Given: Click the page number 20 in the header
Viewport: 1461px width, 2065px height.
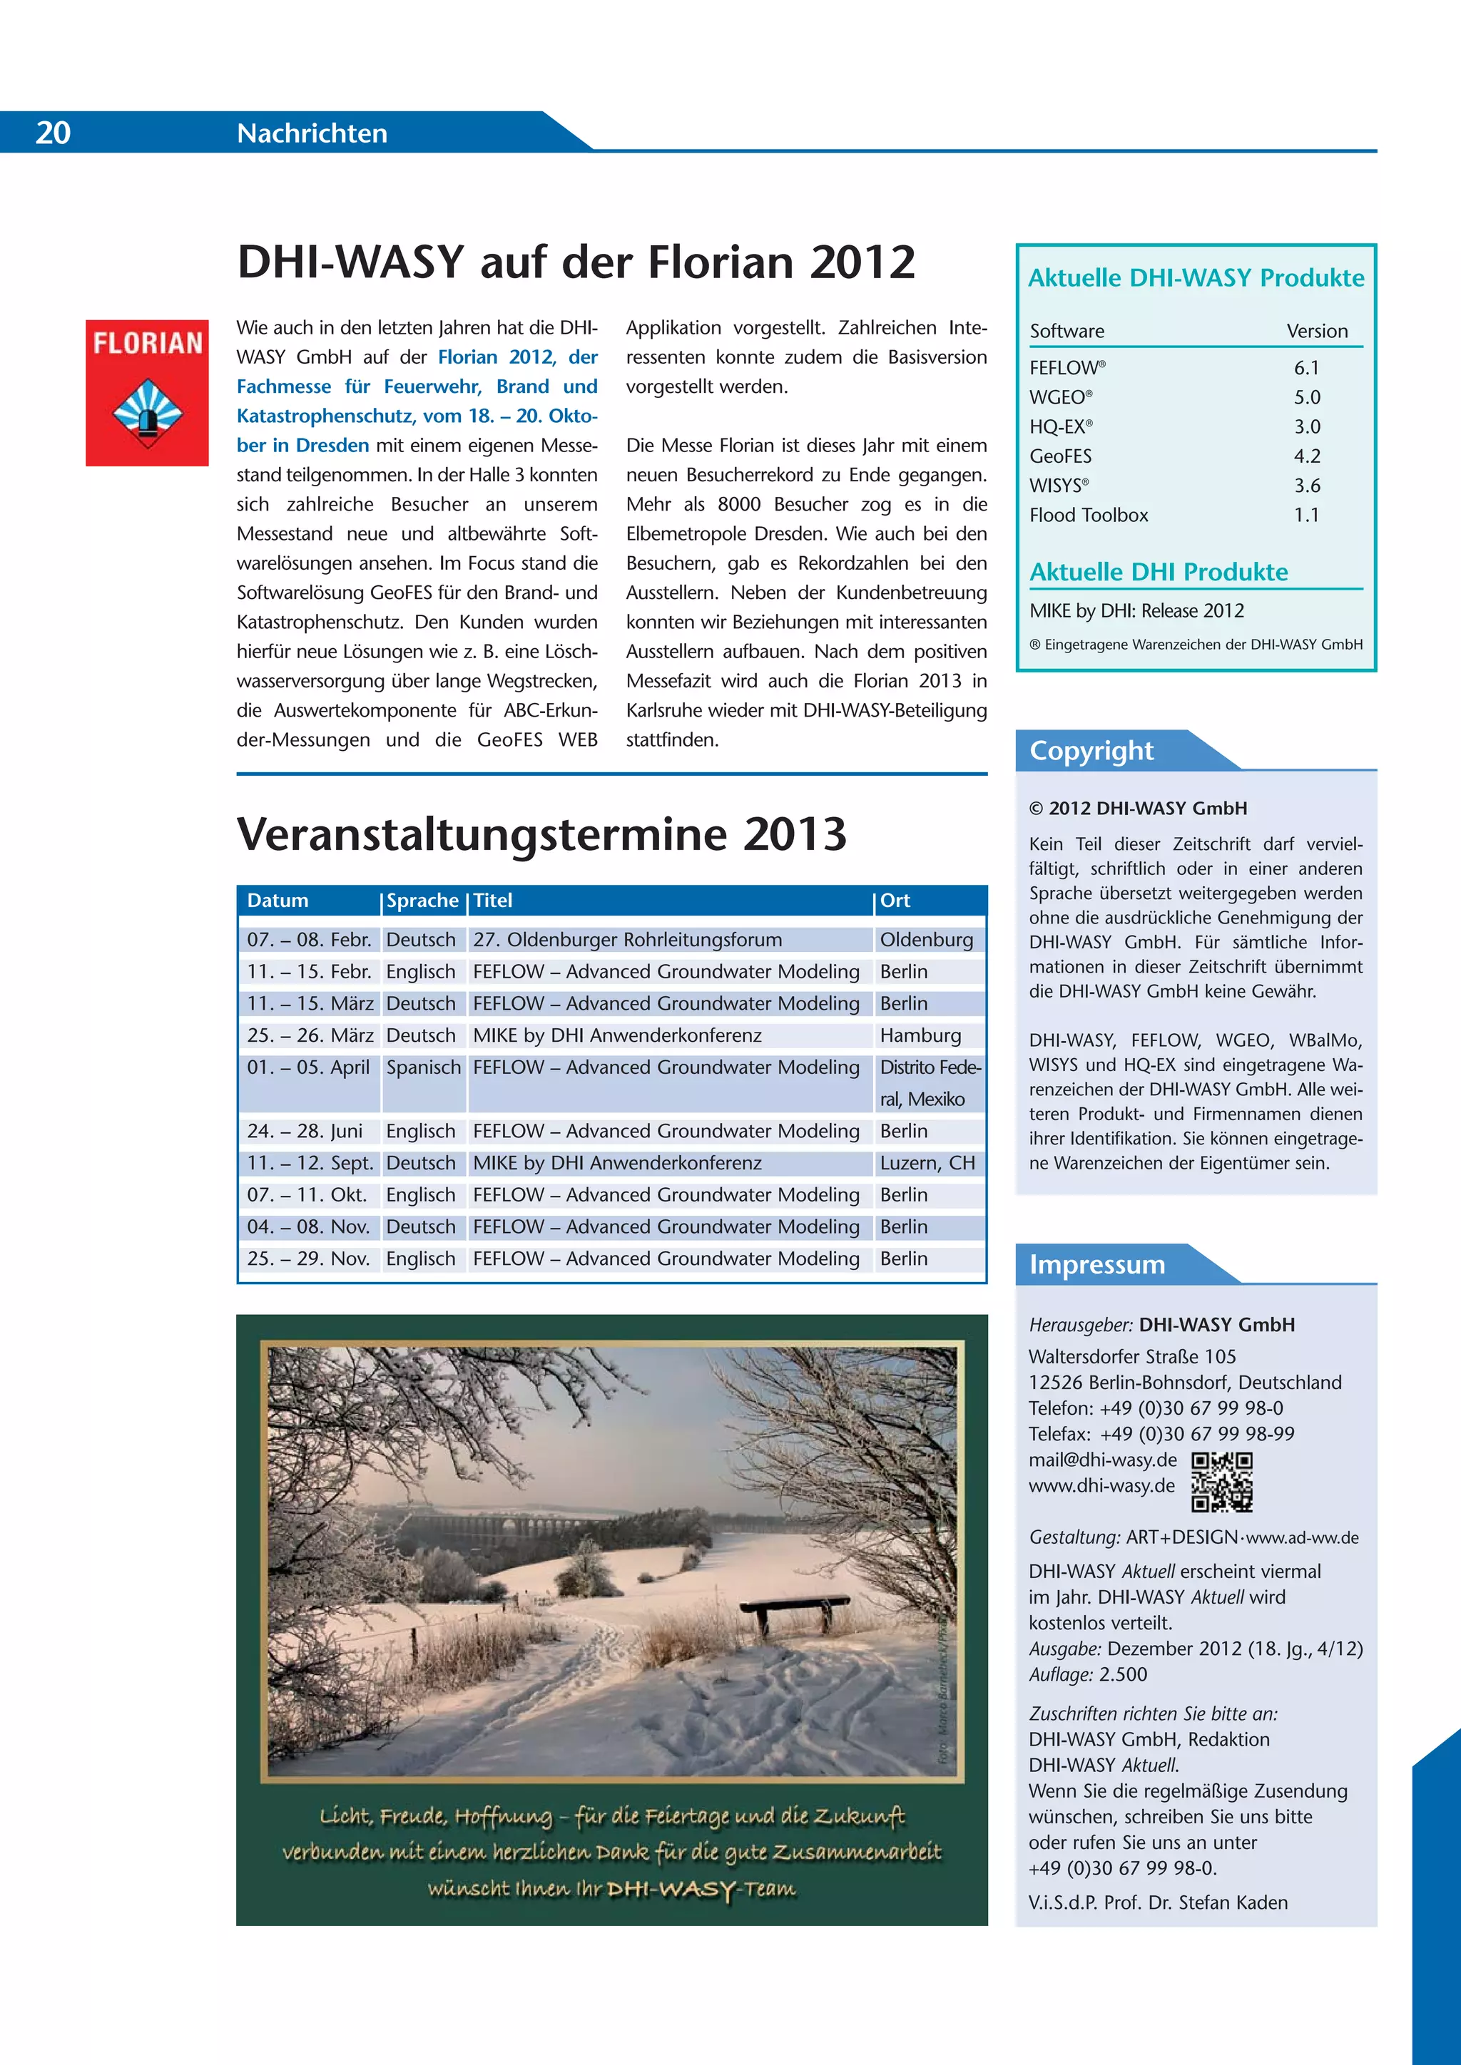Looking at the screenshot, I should click(53, 132).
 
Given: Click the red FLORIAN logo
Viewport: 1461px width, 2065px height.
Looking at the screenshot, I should click(148, 392).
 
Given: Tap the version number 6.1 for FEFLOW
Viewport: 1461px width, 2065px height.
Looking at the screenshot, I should click(1306, 368).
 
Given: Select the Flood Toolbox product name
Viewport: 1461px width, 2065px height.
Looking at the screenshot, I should click(1089, 516).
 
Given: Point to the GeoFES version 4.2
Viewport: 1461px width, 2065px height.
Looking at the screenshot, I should click(1306, 456).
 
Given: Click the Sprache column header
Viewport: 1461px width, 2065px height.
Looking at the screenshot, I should click(422, 901).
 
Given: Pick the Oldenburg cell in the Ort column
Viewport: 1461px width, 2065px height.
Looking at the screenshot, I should click(926, 940).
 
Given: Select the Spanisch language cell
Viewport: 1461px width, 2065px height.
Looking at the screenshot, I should click(423, 1067).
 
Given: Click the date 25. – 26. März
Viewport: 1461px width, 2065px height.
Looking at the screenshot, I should click(310, 1035).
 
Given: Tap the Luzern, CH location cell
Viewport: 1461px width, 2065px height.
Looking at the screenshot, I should click(927, 1163).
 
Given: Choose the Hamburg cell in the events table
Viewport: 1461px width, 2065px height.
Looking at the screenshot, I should click(920, 1035).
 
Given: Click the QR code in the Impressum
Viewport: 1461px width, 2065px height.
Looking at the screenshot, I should click(1222, 1481).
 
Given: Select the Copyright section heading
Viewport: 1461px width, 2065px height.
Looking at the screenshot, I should click(1091, 750).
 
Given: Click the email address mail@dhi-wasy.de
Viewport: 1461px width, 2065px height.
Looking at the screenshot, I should click(1102, 1460).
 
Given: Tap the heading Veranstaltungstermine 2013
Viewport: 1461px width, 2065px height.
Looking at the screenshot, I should click(541, 834).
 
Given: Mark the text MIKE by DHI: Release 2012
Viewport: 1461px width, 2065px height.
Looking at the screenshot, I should click(1136, 610).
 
